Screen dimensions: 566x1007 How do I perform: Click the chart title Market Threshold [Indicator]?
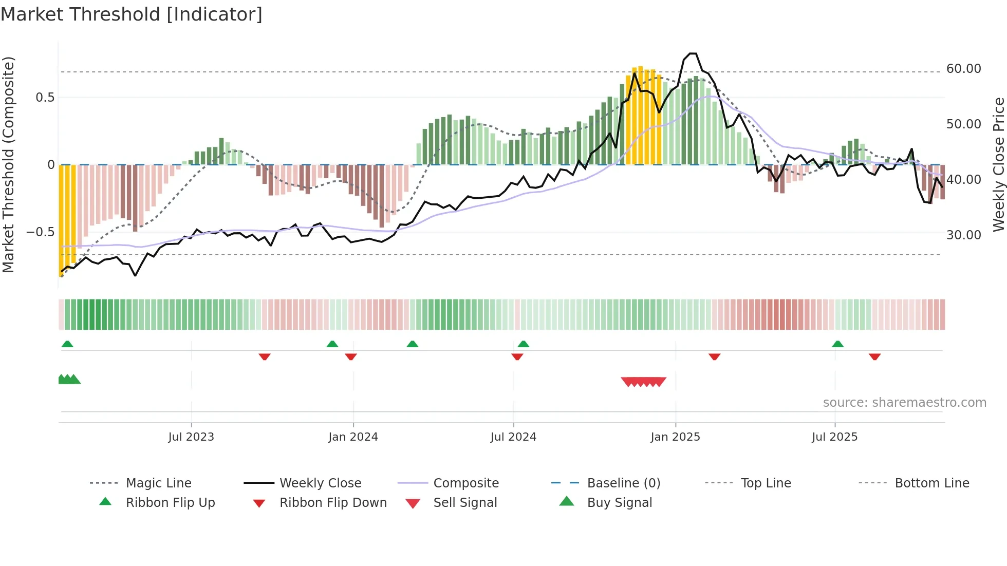tap(132, 14)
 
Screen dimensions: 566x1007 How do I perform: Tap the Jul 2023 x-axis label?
tap(191, 437)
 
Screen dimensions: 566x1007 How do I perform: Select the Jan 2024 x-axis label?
tap(353, 437)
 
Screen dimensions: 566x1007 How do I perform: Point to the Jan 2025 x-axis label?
tap(675, 437)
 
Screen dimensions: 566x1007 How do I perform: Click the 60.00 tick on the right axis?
tap(963, 69)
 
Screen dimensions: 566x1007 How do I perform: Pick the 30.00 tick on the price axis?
tap(963, 235)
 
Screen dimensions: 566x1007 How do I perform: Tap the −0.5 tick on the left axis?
tap(41, 232)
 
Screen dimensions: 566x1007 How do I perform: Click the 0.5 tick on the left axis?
tap(45, 98)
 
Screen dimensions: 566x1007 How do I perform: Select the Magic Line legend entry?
tap(158, 483)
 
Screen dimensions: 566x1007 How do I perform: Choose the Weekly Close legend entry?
tap(320, 483)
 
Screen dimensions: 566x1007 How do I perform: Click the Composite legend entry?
tap(465, 483)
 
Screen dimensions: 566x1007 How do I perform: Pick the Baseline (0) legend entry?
tap(623, 483)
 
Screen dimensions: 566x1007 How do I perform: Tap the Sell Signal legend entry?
tap(464, 503)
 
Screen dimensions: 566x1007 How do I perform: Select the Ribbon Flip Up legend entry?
tap(170, 503)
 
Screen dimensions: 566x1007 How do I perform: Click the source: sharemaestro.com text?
tap(904, 403)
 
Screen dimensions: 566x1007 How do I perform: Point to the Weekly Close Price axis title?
tap(998, 164)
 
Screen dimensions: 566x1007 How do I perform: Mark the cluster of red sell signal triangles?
tap(643, 382)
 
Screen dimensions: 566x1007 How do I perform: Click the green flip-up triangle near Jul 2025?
tap(837, 344)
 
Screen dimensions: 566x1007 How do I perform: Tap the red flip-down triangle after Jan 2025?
tap(714, 356)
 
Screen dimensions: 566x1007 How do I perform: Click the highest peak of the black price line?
tap(693, 53)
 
